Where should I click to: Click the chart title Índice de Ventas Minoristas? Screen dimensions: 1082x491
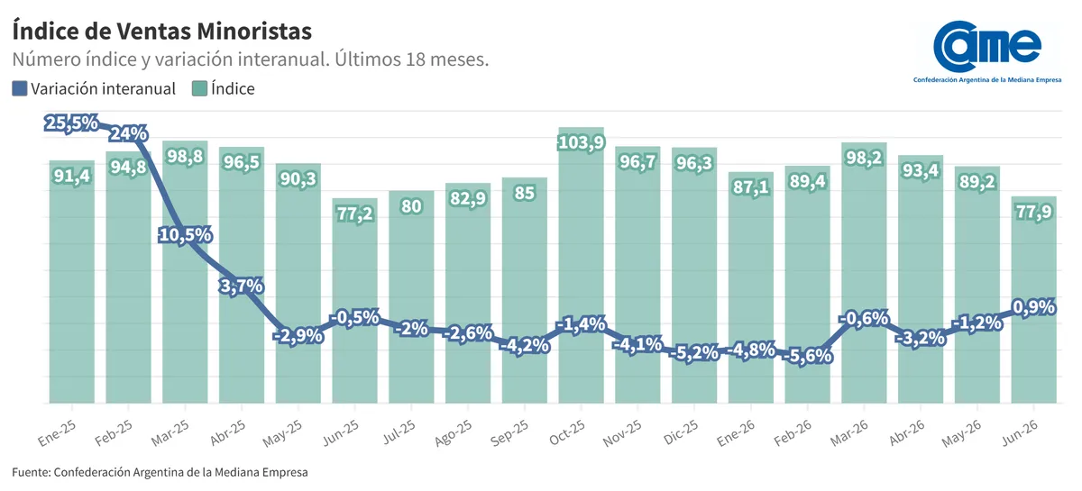click(x=161, y=32)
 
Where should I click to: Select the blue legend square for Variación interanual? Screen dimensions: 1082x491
click(x=19, y=89)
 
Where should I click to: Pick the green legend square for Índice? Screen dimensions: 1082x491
click(x=199, y=89)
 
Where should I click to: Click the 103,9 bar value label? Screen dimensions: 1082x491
click(x=581, y=142)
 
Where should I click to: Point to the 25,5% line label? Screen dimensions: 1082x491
click(x=71, y=123)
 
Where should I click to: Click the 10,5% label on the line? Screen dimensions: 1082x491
click(x=186, y=235)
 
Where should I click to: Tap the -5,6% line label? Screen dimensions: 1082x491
click(x=807, y=356)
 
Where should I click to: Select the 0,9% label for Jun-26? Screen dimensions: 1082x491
click(x=1033, y=307)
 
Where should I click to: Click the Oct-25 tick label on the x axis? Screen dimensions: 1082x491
click(x=567, y=432)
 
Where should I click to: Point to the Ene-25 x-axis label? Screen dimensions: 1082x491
click(x=58, y=433)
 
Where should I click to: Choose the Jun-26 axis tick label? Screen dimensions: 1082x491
click(x=1020, y=432)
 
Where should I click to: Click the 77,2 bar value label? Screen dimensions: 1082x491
click(x=355, y=213)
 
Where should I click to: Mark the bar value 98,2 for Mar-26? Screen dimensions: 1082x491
click(x=864, y=158)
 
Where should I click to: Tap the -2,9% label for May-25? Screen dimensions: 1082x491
click(x=298, y=335)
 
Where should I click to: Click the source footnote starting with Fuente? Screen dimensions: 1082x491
click(x=160, y=472)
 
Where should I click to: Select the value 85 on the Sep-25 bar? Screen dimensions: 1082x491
click(x=525, y=193)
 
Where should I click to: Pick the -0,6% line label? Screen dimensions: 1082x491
click(x=864, y=319)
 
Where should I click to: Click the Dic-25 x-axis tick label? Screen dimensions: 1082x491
click(x=681, y=432)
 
